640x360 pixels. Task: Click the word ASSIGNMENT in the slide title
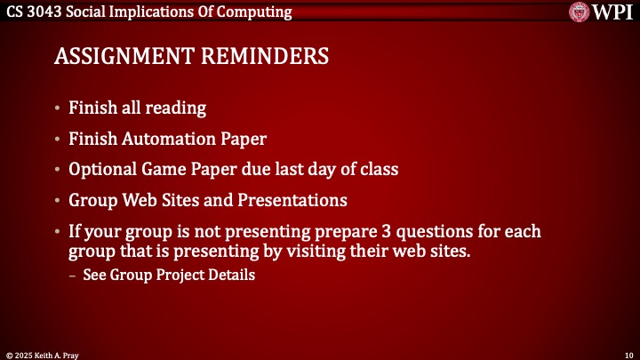pos(116,57)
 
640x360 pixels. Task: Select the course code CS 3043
pos(32,12)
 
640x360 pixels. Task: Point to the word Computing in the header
pos(255,12)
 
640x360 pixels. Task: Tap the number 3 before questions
pos(349,231)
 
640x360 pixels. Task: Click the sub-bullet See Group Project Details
pos(169,276)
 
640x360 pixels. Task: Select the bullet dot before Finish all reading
pos(58,109)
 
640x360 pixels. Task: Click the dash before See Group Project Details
pos(73,276)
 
